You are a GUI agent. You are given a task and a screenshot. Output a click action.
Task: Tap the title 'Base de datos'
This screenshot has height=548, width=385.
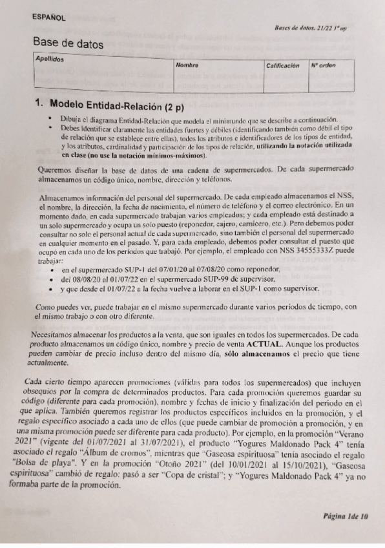[x=67, y=43]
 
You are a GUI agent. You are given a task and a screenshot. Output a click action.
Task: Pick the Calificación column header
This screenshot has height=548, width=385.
[x=282, y=66]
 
